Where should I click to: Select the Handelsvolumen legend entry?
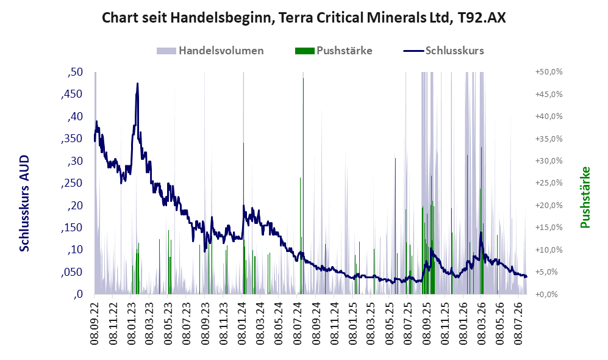210,51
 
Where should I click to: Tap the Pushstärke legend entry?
334,51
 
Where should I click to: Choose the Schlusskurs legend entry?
443,51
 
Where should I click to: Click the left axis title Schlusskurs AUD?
24,203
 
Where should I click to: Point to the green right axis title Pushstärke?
585,198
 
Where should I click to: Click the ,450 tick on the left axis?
72,94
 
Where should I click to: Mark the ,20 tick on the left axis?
75,206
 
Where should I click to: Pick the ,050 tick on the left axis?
72,272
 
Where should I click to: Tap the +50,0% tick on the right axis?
549,72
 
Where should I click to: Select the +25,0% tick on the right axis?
549,183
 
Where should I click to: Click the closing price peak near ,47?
137,84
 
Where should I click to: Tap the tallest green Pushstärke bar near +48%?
303,186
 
